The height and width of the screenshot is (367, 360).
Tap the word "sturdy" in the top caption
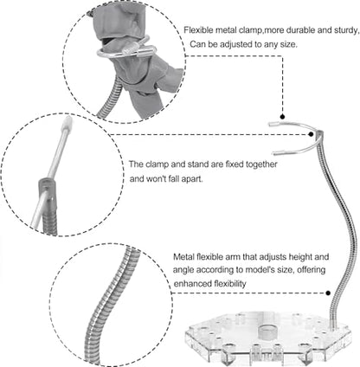(345, 30)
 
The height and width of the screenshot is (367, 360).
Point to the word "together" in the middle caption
(261, 164)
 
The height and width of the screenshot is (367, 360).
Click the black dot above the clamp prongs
(282, 117)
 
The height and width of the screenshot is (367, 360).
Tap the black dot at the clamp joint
(311, 134)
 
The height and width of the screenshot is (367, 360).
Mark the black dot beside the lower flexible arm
(328, 293)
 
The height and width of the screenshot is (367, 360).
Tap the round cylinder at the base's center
(267, 332)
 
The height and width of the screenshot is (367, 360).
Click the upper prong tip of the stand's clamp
(271, 125)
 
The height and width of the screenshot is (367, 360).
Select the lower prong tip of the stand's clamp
(274, 152)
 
